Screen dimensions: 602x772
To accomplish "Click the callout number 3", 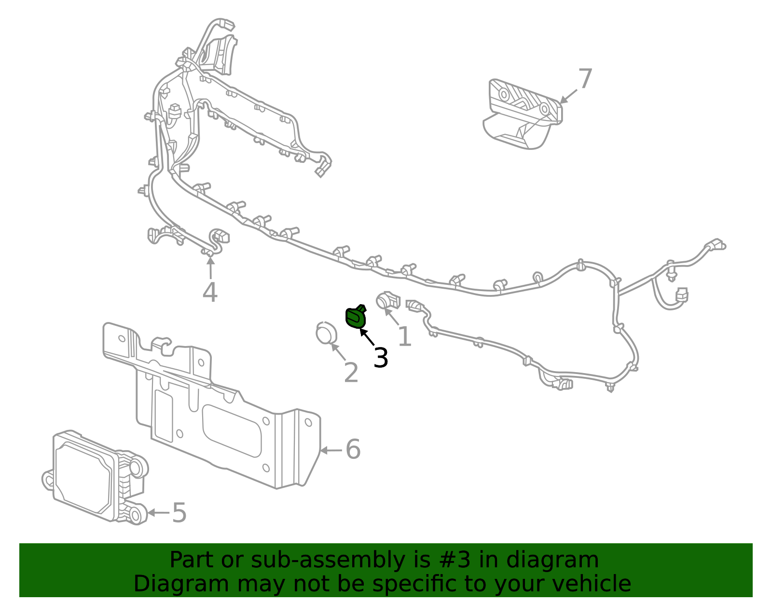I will click(x=381, y=358).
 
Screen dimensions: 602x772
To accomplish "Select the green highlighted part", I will click(x=356, y=317).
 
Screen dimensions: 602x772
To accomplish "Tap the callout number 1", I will click(x=404, y=336).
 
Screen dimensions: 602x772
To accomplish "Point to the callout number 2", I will click(x=351, y=373).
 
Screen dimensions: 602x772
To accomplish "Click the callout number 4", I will click(x=210, y=293).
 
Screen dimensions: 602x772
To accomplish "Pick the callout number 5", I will click(x=179, y=512).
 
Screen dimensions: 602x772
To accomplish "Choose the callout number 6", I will click(x=353, y=449).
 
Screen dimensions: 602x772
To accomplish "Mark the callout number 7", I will click(x=585, y=79).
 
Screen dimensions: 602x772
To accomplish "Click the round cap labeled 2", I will click(x=326, y=333).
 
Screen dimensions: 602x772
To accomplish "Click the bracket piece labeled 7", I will click(x=524, y=113).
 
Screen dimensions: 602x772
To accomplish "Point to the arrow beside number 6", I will click(x=331, y=450).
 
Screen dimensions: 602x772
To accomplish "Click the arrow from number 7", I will click(x=568, y=96).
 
